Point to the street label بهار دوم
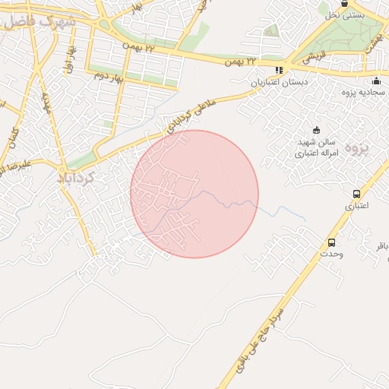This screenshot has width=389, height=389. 108,76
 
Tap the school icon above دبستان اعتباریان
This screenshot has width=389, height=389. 279,70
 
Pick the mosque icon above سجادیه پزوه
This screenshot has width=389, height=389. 376,81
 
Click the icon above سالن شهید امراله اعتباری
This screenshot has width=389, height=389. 317,129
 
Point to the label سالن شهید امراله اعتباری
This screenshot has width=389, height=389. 316,147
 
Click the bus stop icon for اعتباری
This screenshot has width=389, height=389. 357,194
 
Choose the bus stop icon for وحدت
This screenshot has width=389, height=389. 331,242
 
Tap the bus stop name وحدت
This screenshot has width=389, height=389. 331,255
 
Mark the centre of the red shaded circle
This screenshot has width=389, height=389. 194,194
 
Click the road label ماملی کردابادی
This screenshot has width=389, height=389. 191,115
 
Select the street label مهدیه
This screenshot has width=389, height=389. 47,100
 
